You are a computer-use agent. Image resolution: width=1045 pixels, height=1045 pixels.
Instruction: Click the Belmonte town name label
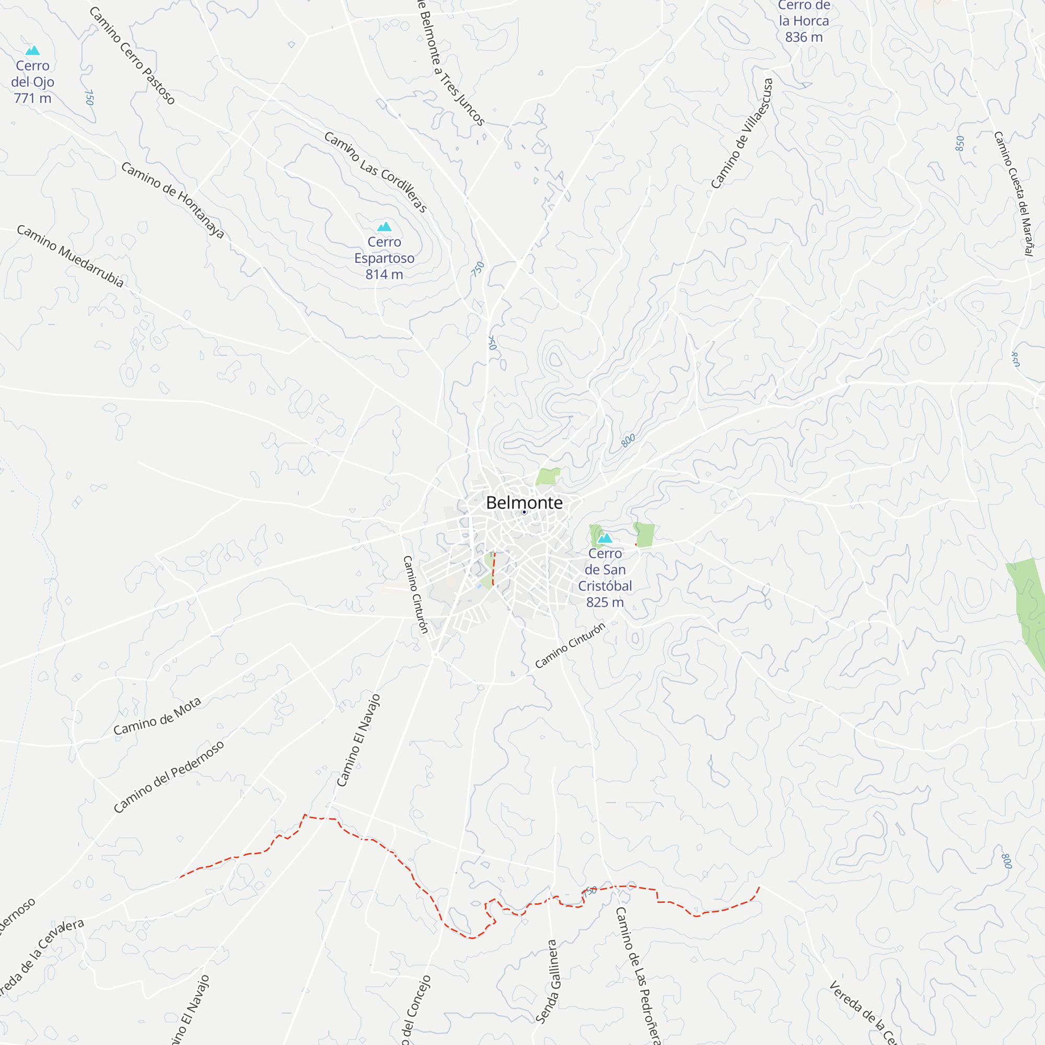pyautogui.click(x=524, y=503)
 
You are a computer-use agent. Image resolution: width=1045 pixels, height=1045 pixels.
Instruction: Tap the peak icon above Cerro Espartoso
pyautogui.click(x=384, y=226)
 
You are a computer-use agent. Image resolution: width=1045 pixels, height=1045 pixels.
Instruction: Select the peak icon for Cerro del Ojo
pyautogui.click(x=32, y=50)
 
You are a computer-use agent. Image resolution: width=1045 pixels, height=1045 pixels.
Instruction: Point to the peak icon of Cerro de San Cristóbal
pyautogui.click(x=605, y=538)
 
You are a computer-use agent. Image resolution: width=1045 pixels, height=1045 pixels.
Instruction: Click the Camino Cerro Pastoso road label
pyautogui.click(x=132, y=56)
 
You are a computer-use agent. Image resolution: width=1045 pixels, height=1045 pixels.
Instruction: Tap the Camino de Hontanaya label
pyautogui.click(x=172, y=200)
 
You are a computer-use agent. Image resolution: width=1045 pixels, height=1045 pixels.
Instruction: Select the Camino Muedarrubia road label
pyautogui.click(x=71, y=256)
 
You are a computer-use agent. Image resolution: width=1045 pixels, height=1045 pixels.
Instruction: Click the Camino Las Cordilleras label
pyautogui.click(x=376, y=171)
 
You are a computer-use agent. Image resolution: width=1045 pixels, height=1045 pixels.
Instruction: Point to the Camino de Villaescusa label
pyautogui.click(x=741, y=134)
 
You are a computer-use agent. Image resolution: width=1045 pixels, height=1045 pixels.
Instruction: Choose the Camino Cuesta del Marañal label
pyautogui.click(x=1014, y=193)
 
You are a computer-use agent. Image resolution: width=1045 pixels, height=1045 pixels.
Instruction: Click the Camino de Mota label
pyautogui.click(x=157, y=716)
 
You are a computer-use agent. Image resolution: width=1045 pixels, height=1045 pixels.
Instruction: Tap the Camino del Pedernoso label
pyautogui.click(x=168, y=777)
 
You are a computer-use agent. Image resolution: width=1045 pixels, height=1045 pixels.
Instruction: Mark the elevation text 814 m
pyautogui.click(x=384, y=275)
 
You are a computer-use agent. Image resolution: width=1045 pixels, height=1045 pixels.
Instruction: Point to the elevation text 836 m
pyautogui.click(x=804, y=37)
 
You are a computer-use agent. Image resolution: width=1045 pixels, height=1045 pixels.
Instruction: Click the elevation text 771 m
pyautogui.click(x=32, y=98)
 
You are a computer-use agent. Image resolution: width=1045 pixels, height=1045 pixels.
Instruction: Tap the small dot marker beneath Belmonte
pyautogui.click(x=524, y=512)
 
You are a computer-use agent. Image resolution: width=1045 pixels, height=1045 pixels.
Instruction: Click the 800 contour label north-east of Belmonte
pyautogui.click(x=628, y=441)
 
